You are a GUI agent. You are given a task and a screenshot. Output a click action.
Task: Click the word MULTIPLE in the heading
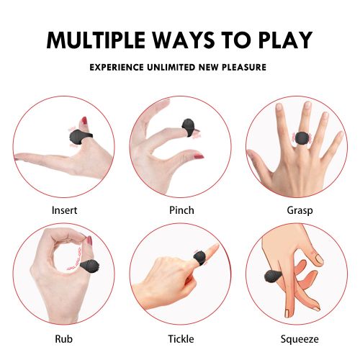point(96,40)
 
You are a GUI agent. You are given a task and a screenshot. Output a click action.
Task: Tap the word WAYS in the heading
point(184,40)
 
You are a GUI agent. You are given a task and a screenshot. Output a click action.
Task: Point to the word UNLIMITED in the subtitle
point(171,67)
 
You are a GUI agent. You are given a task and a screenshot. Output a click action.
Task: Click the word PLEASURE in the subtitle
point(244,67)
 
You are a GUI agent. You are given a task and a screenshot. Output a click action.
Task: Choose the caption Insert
point(64,210)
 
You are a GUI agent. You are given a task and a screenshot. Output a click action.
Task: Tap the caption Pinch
point(181,210)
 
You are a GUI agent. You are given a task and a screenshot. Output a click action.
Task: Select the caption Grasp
point(300,211)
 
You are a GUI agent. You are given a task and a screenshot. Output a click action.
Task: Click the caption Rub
point(63,339)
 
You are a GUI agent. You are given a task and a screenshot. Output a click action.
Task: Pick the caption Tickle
point(181,339)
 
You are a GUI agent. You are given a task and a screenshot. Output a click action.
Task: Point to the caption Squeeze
point(300,339)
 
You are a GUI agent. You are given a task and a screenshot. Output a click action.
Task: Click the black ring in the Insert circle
point(80,137)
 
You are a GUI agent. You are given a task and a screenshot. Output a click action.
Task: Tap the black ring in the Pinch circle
point(188,127)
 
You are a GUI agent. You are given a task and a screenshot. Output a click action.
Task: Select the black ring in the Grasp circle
point(302,138)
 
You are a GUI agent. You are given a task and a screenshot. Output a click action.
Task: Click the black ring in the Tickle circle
point(199,258)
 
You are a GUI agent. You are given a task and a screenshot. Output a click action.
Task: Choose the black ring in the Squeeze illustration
point(273,276)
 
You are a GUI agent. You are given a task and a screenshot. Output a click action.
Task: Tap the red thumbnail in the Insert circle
point(84,121)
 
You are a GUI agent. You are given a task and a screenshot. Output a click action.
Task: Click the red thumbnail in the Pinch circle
point(199,157)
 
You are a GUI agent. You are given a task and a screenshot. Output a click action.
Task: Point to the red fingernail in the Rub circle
point(89,240)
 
